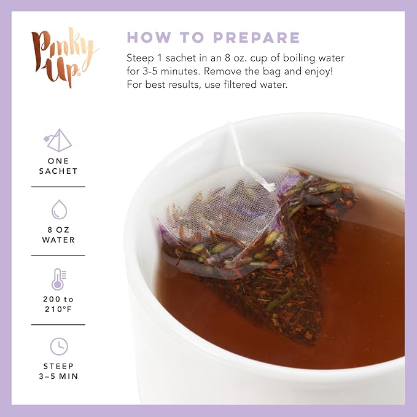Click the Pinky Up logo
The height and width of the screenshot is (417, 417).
(x=64, y=57)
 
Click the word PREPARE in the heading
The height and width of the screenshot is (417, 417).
(x=257, y=37)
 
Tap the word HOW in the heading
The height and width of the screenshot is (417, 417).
(x=149, y=37)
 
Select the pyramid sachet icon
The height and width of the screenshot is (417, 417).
(x=58, y=140)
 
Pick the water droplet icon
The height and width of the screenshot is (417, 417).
(x=59, y=209)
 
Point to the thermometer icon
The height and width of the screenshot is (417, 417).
(x=59, y=279)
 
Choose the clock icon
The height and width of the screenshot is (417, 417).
(x=59, y=346)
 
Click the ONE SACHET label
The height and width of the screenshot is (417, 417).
(x=58, y=166)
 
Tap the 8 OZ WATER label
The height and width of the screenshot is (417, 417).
(x=58, y=235)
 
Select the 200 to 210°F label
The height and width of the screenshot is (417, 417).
(x=58, y=304)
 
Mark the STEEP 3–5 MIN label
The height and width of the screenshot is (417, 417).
(x=58, y=372)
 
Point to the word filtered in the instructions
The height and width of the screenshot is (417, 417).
(x=240, y=85)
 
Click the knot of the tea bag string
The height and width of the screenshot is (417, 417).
(x=270, y=186)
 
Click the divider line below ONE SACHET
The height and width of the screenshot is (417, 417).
(x=58, y=187)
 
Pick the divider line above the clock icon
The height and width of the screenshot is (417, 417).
(x=58, y=324)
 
